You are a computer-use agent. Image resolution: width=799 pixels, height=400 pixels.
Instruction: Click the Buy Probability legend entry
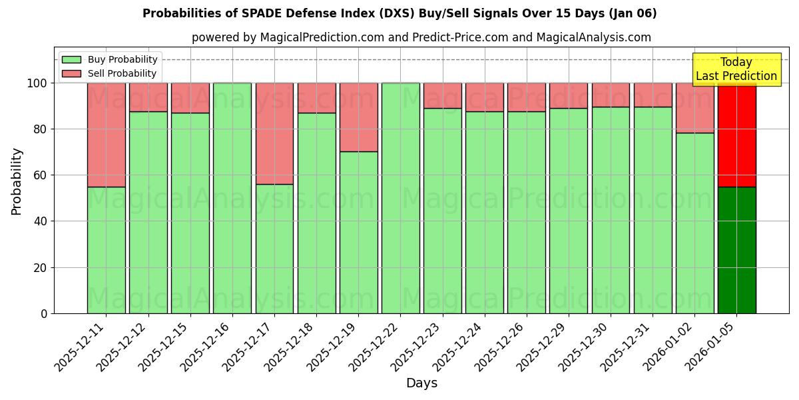110,59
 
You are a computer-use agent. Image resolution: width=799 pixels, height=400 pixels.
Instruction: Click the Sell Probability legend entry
110,73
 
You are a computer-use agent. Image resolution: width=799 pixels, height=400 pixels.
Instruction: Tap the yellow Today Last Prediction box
736,69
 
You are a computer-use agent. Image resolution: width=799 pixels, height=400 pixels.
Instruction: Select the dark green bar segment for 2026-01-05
736,250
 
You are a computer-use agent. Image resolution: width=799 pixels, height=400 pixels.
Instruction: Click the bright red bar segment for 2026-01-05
736,135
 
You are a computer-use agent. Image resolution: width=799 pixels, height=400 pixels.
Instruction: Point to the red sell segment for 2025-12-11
106,135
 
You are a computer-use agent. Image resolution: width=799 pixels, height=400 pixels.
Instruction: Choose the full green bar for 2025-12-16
232,198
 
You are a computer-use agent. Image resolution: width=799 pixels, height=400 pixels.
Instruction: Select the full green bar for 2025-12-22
400,198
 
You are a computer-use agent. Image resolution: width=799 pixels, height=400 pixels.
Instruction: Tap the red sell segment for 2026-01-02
694,108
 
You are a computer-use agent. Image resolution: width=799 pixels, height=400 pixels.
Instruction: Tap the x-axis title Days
421,383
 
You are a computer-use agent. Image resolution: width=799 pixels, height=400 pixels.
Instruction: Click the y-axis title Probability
17,181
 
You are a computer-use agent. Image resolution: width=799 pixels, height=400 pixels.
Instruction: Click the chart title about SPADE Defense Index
400,13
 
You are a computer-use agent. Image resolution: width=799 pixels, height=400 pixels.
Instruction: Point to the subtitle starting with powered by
421,37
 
